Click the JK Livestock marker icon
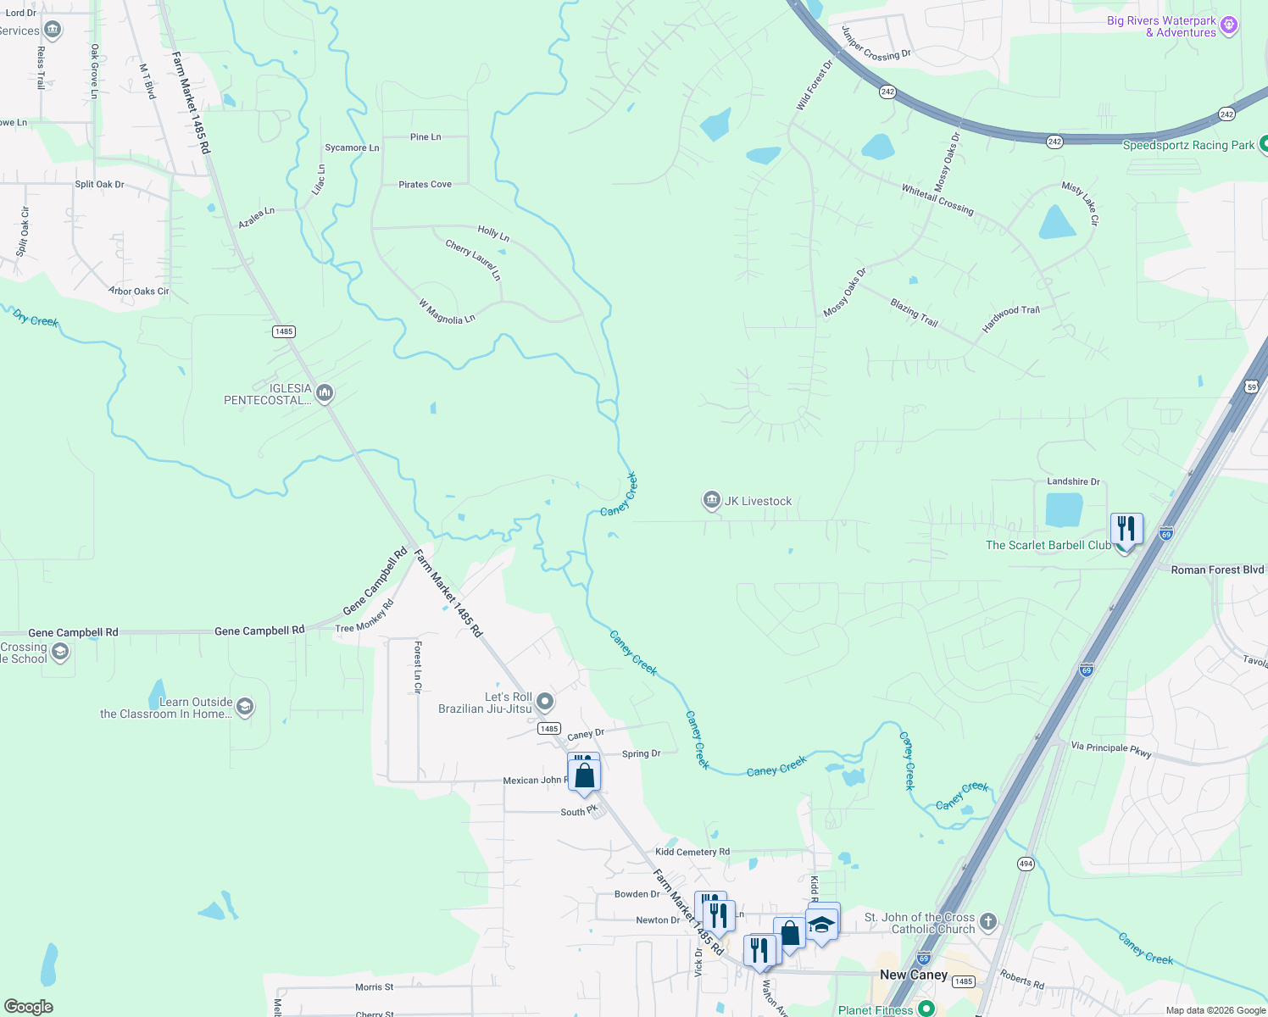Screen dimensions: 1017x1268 pos(711,501)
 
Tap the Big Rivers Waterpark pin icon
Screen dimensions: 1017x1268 pos(1230,26)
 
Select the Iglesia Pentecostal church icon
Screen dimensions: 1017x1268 pos(325,393)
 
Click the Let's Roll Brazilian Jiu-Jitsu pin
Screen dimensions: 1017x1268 pos(546,702)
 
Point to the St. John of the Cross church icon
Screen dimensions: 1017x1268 pos(987,921)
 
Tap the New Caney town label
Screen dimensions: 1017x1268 pos(914,975)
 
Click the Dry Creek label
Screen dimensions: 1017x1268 pos(36,319)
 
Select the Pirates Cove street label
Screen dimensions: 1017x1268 pos(425,184)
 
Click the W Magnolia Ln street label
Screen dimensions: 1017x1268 pos(447,312)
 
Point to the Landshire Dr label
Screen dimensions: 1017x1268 pos(1073,481)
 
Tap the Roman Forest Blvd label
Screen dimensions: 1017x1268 pos(1217,570)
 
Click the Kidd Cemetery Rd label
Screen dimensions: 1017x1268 pos(692,852)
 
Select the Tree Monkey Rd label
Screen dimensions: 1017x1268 pos(364,616)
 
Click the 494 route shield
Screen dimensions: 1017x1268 pos(1026,864)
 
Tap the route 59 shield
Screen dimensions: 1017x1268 pos(1252,387)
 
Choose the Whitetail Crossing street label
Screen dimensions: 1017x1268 pos(937,199)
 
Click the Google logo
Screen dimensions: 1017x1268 pos(29,1007)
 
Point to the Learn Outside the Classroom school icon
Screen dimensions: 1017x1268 pos(245,707)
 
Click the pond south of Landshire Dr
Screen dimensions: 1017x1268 pos(1064,510)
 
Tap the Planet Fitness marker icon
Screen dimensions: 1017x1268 pos(926,1009)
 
